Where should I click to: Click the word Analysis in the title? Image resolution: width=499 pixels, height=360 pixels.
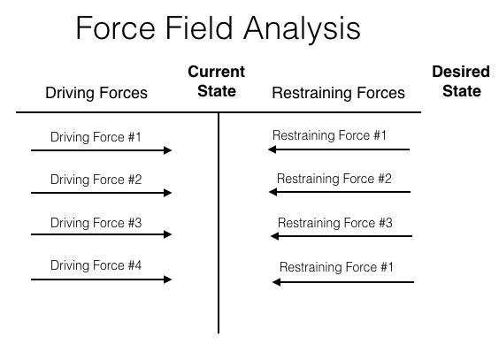click(x=302, y=29)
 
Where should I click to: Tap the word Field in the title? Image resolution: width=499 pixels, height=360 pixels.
click(x=199, y=28)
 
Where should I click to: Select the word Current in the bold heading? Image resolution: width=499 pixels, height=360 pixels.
click(x=217, y=72)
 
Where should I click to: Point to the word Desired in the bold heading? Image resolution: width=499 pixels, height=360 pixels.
click(x=461, y=72)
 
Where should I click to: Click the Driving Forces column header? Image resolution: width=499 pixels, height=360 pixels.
click(x=96, y=93)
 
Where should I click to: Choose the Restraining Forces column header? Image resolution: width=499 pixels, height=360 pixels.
click(x=338, y=93)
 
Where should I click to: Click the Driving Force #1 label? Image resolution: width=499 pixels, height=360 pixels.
click(x=96, y=137)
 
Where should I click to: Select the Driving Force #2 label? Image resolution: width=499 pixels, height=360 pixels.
click(x=96, y=180)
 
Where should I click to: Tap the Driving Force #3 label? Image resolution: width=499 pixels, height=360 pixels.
click(x=96, y=223)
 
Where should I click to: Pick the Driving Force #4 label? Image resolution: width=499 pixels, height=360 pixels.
click(x=96, y=265)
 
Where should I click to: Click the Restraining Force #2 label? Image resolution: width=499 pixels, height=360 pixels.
click(x=334, y=179)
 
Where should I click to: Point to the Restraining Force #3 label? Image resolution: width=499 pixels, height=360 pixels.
click(x=335, y=223)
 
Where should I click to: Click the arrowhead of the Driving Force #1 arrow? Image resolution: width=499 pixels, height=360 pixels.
click(x=168, y=150)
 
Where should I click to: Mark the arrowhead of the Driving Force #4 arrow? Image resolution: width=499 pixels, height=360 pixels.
click(x=168, y=280)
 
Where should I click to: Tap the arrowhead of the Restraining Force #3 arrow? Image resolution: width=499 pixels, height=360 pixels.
click(x=274, y=236)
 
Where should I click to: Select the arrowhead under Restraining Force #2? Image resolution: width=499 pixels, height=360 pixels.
click(x=273, y=192)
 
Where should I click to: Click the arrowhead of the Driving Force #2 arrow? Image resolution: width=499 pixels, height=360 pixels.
click(x=168, y=193)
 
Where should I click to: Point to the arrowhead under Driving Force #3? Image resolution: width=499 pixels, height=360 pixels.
click(x=168, y=234)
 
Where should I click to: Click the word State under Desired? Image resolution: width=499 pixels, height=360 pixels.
click(x=462, y=91)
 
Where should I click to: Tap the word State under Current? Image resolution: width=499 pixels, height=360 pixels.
click(x=217, y=91)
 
